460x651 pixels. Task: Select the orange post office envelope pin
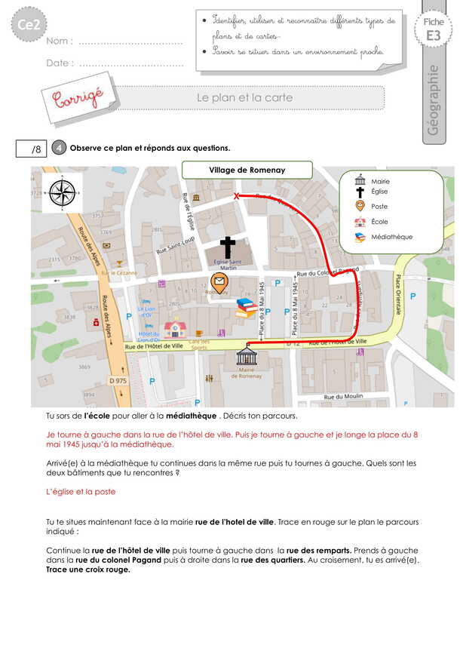click(219, 284)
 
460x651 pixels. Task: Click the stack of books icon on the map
click(246, 307)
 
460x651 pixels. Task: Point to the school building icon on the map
click(175, 328)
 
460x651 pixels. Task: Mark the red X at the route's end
click(237, 196)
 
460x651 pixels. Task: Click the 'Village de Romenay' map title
click(247, 170)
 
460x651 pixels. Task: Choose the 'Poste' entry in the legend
click(380, 206)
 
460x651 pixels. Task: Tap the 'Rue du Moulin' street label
click(343, 397)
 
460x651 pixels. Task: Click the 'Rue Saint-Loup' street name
click(174, 246)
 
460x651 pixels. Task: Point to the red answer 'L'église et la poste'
click(81, 491)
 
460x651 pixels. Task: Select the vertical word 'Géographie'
click(433, 100)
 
